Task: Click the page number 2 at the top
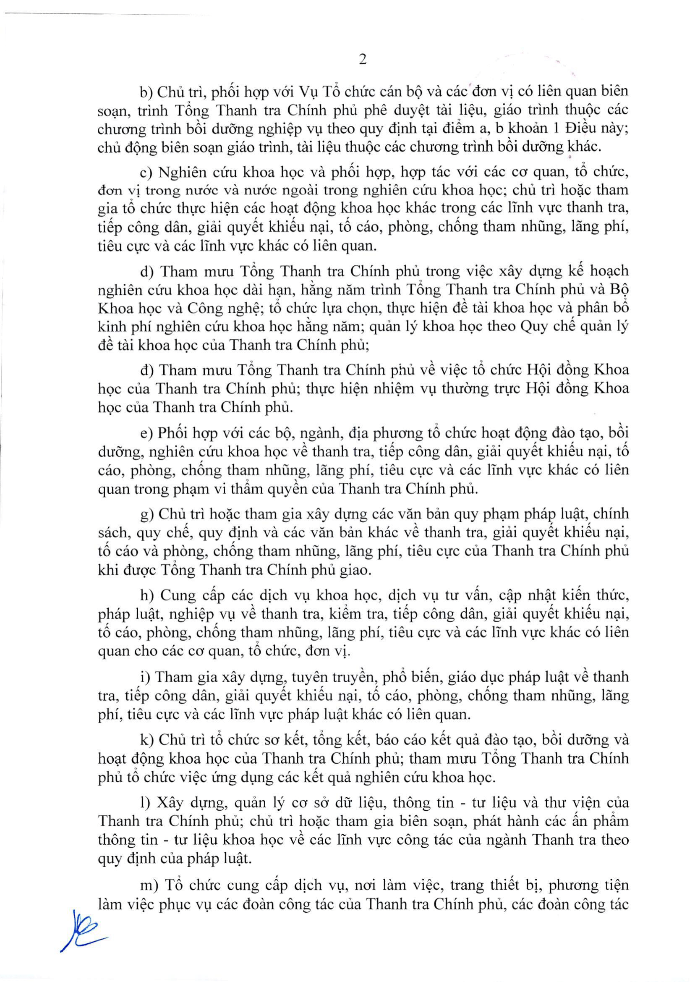(363, 60)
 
